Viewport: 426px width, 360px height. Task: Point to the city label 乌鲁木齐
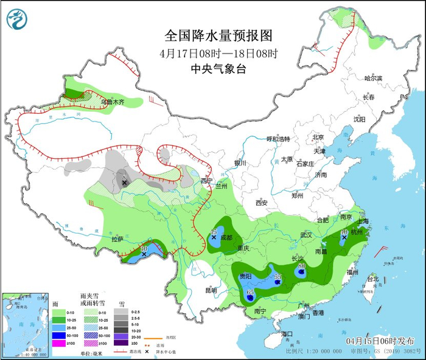(113, 102)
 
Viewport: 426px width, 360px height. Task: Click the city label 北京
(318, 137)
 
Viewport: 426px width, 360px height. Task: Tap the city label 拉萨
(117, 240)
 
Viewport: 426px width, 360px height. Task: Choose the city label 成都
(226, 237)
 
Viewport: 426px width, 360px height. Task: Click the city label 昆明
(210, 290)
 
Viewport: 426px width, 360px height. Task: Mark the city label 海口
(287, 334)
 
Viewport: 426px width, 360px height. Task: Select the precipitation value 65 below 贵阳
(250, 292)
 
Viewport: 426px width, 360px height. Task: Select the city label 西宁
(208, 181)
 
